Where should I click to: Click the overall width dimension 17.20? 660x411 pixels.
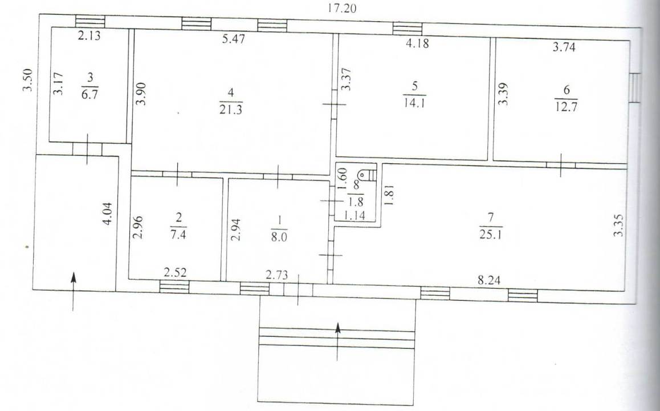point(342,8)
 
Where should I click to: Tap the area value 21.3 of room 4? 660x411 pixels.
point(231,110)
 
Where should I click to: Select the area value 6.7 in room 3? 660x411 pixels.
point(89,94)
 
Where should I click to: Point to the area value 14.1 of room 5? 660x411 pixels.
point(414,103)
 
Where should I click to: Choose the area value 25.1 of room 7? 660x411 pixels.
point(490,234)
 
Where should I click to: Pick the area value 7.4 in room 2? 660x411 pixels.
point(178,235)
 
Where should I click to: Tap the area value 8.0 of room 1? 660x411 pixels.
point(279,237)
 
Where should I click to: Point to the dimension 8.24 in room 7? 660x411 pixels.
point(489,280)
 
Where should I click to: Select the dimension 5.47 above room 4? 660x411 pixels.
point(233,39)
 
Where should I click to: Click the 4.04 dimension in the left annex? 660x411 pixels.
point(108,213)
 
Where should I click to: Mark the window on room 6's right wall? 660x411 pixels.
point(635,87)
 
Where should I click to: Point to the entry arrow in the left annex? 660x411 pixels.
point(74,291)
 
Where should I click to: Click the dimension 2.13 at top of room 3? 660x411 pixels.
point(89,36)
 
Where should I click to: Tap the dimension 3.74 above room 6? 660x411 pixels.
point(564,47)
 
